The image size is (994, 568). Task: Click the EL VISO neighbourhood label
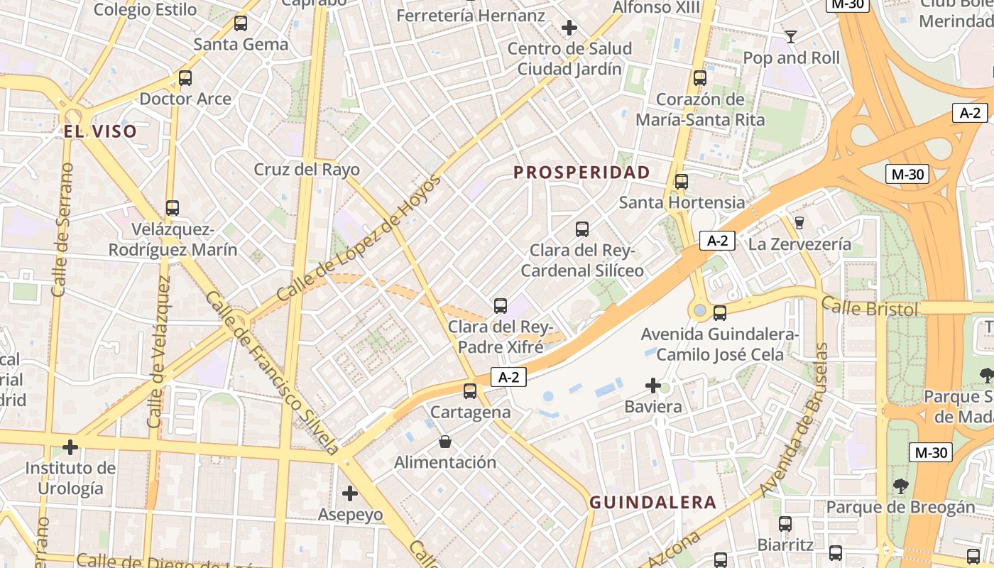click(x=99, y=131)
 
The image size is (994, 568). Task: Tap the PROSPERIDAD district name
click(x=581, y=173)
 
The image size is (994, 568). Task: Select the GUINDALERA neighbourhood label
click(x=653, y=503)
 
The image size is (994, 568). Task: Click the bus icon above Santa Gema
click(x=241, y=23)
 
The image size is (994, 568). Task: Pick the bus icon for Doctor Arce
click(x=185, y=78)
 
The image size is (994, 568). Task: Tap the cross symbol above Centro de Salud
click(x=569, y=28)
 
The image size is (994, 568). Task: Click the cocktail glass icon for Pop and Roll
click(x=791, y=36)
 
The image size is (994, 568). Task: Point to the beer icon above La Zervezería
click(x=799, y=223)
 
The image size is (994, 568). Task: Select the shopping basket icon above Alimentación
click(x=445, y=442)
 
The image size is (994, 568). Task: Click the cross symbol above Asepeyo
click(x=350, y=493)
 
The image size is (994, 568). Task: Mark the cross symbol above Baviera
click(x=653, y=386)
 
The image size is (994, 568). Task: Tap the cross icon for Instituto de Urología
click(x=70, y=447)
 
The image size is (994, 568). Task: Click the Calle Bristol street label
click(x=870, y=308)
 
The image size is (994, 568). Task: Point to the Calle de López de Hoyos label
click(x=359, y=238)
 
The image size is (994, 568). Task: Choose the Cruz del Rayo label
click(x=307, y=170)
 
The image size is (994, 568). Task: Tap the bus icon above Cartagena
click(x=470, y=391)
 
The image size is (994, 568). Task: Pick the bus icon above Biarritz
click(x=785, y=524)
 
